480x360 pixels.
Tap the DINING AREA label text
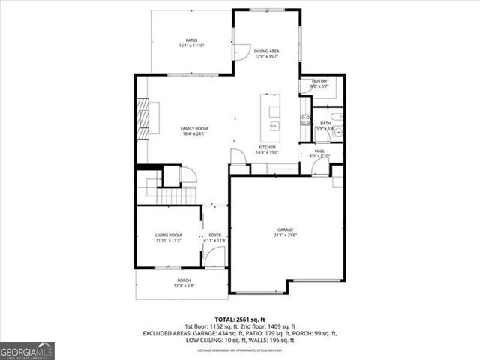(266, 51)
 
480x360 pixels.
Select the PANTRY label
(319, 80)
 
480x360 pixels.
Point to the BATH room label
(325, 123)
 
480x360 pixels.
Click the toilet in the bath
(337, 116)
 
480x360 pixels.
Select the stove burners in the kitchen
(305, 119)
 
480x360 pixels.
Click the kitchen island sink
(274, 125)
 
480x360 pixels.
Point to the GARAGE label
(285, 230)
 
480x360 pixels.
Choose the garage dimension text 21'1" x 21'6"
(285, 235)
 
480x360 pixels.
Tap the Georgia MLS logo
(27, 350)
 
